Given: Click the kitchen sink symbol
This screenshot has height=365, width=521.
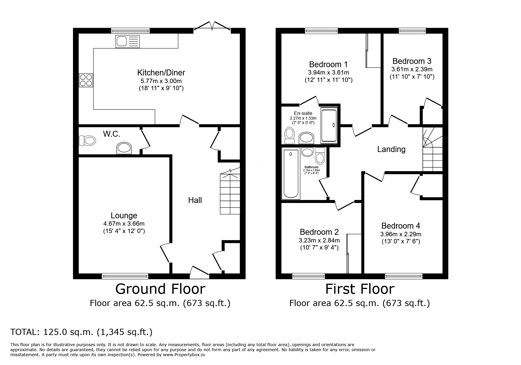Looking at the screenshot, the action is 128,41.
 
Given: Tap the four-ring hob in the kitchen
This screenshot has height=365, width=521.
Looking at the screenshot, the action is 86,80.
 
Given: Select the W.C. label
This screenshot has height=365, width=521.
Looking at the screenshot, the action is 111,134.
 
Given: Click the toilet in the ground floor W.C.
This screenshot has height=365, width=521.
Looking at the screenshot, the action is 87,141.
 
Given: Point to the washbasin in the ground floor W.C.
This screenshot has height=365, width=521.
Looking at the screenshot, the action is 124,148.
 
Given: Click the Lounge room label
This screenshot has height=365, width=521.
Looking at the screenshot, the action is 124,216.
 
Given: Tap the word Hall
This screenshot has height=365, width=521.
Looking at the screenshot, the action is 195,200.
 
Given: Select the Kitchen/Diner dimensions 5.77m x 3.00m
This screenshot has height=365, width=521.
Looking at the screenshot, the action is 161,81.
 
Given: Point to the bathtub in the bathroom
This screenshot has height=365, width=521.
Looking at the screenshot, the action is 291,174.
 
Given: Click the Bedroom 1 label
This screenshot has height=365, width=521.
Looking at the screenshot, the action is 328,64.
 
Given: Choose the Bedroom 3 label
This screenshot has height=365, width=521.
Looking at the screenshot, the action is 412,61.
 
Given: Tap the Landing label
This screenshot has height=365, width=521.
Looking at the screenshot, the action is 391,149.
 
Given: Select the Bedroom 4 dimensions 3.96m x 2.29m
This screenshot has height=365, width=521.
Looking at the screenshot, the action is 401,234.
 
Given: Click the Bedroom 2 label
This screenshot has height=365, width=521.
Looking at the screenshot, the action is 319,232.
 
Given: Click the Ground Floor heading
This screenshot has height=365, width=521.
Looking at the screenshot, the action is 160,289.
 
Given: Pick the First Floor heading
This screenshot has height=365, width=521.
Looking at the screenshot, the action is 359,289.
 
